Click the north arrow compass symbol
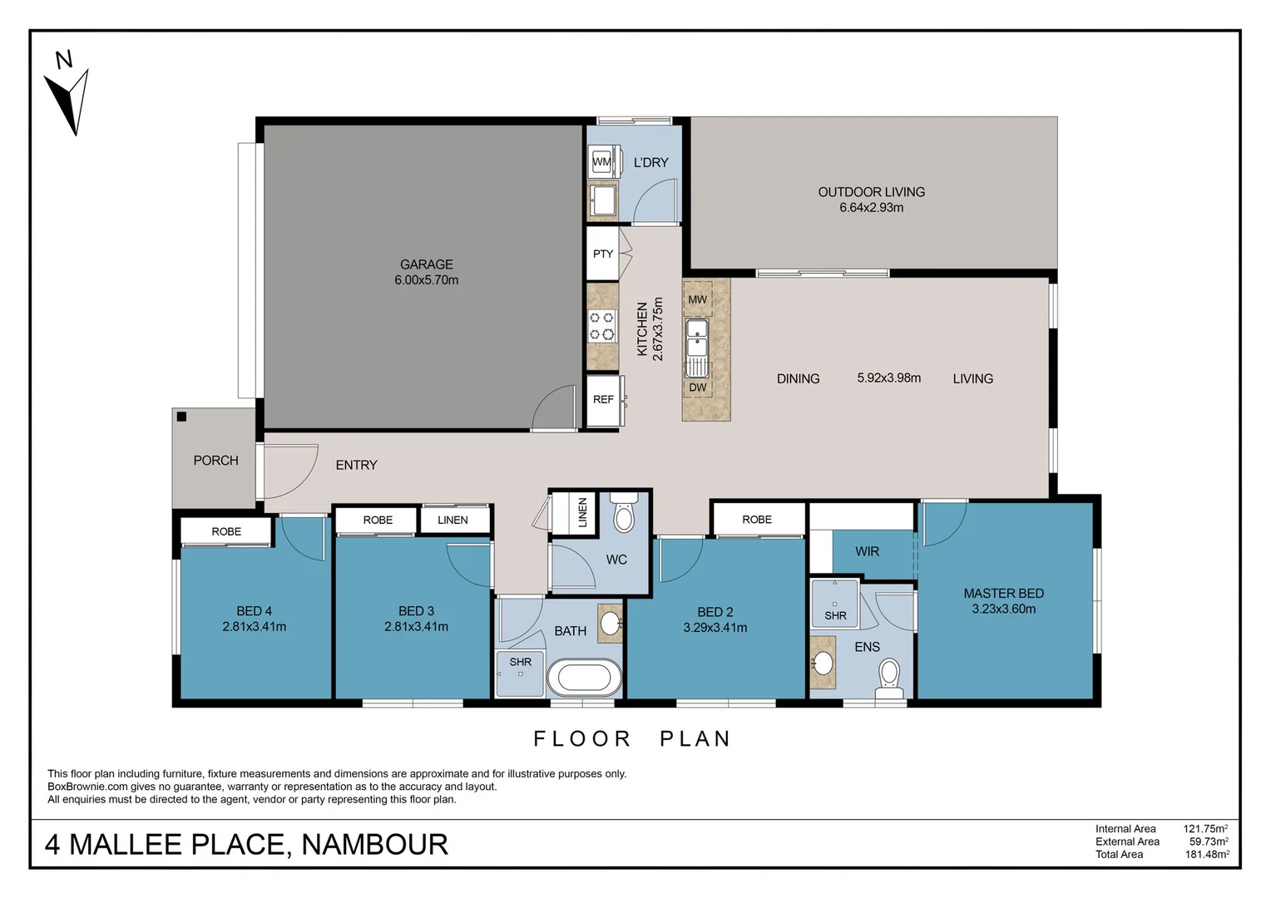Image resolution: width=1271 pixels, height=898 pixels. tap(69, 98)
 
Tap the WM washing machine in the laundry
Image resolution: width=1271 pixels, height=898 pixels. tap(601, 161)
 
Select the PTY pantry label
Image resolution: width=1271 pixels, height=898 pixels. tap(603, 254)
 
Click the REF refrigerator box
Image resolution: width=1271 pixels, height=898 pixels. tap(603, 399)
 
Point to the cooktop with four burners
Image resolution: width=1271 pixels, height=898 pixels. tap(602, 325)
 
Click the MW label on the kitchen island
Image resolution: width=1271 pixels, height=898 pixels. tap(697, 299)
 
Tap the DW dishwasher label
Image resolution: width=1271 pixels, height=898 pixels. tap(697, 387)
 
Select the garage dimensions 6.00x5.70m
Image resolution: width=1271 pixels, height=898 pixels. tap(426, 280)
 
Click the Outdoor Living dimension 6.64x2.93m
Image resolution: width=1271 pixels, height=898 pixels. tap(871, 208)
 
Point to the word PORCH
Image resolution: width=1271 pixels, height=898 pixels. tap(215, 460)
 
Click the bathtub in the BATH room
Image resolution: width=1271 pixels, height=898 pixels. tap(584, 678)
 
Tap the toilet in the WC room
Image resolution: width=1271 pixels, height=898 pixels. tap(623, 516)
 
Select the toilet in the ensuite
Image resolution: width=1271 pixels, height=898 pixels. tap(889, 678)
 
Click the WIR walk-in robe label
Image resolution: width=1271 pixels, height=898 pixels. tap(867, 551)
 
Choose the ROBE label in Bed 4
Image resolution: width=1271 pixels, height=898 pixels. tap(226, 531)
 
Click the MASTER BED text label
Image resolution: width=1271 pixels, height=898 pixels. tap(1003, 593)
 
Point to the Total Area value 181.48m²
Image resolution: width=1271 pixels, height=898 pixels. tap(1206, 854)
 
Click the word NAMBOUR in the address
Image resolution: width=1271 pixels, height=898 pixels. tap(374, 844)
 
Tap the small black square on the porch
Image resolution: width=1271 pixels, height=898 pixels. tap(181, 417)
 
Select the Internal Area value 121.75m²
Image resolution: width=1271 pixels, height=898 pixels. tap(1205, 828)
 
